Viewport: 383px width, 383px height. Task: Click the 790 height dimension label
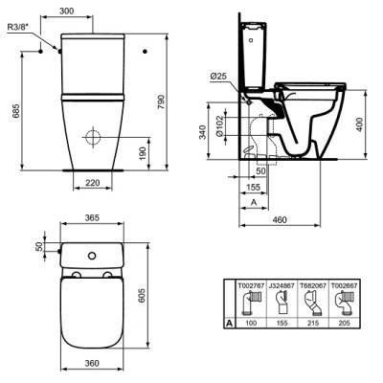click(x=162, y=101)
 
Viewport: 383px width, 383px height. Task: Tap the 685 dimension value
click(x=16, y=110)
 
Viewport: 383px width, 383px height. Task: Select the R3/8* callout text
click(x=18, y=27)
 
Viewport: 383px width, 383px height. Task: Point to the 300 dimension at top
click(x=67, y=11)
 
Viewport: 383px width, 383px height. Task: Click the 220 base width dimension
click(x=93, y=183)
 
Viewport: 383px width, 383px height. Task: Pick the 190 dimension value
click(x=143, y=153)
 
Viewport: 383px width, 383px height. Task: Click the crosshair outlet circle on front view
click(x=93, y=137)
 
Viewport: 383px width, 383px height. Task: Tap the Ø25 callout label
click(x=218, y=77)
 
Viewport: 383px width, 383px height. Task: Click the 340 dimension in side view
click(x=203, y=132)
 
